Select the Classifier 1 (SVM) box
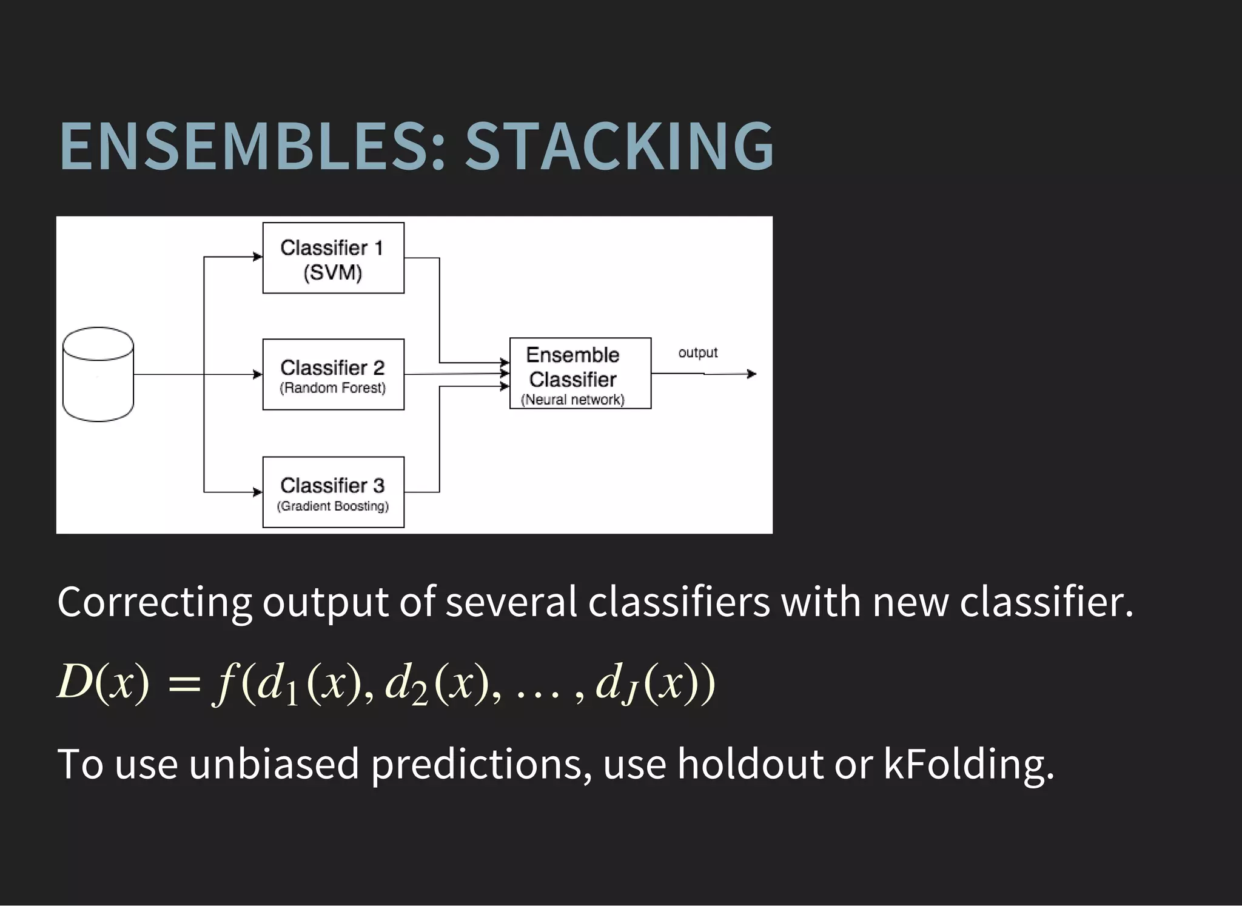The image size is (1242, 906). (x=333, y=258)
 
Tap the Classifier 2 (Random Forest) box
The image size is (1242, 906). (x=333, y=374)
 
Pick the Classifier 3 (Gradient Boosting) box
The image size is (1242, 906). (x=333, y=492)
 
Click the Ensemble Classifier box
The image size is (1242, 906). (x=580, y=373)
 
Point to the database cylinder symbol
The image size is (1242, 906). (x=98, y=374)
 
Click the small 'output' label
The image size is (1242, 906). (x=697, y=352)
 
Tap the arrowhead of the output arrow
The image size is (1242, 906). (x=752, y=374)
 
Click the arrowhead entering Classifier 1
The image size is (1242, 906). (x=258, y=257)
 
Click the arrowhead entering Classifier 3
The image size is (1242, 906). (x=258, y=492)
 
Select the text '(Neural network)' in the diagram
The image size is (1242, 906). (x=572, y=400)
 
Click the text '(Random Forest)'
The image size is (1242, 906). (x=332, y=388)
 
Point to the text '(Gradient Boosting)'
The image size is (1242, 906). (x=332, y=506)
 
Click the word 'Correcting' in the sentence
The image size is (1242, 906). (x=154, y=603)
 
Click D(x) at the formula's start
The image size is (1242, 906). (x=102, y=682)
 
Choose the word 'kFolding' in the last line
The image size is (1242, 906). (x=968, y=764)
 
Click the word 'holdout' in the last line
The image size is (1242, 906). (x=750, y=764)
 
